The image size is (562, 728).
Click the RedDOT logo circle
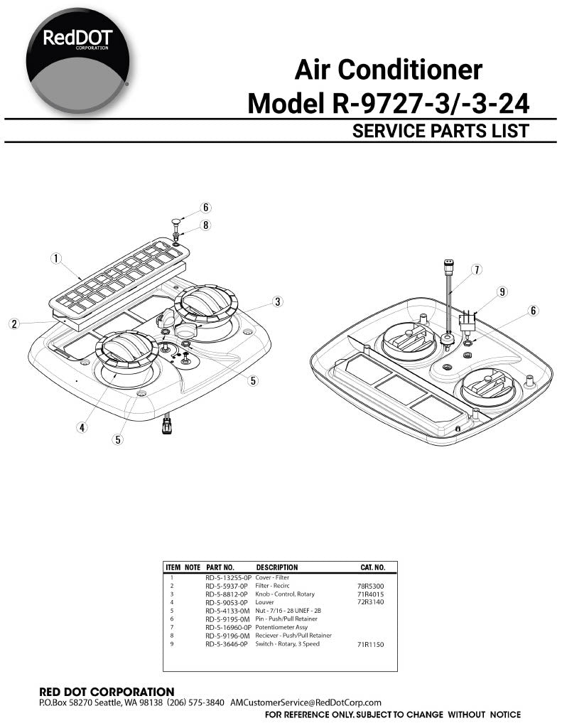(77, 61)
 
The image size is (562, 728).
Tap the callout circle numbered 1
(56, 258)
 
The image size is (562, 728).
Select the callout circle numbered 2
(14, 323)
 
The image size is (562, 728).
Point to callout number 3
(278, 301)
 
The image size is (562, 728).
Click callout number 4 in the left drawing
(82, 427)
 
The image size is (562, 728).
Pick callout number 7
(476, 269)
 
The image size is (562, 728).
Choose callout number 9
(502, 292)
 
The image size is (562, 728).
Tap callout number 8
(205, 225)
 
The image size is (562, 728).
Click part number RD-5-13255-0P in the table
(228, 578)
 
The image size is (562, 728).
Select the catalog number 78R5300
(370, 587)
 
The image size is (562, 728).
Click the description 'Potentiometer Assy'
(281, 627)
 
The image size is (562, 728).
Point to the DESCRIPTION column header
(277, 567)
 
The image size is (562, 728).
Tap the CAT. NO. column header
(373, 567)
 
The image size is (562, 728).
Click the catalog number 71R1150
(370, 644)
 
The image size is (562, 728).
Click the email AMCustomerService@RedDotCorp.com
(306, 702)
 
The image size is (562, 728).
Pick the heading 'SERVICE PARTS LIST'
(441, 131)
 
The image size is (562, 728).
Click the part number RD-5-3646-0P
(227, 644)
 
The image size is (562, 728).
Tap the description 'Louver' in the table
(264, 602)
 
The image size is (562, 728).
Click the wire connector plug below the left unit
(166, 425)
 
